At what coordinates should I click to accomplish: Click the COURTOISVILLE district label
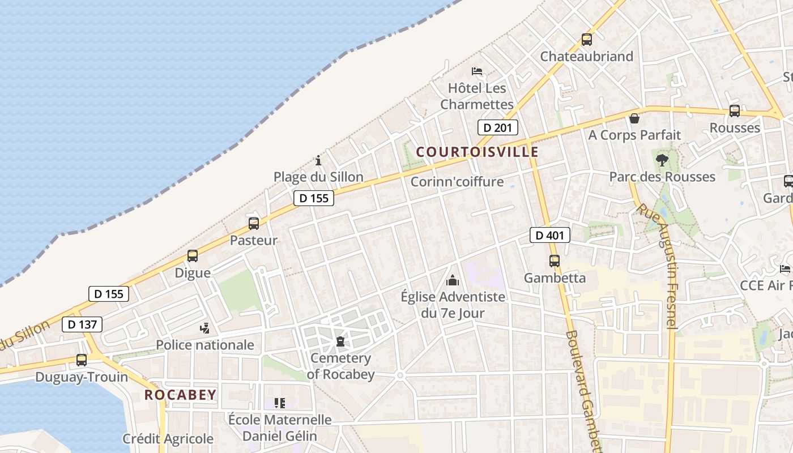pyautogui.click(x=477, y=152)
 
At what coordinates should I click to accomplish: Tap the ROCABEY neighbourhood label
pyautogui.click(x=180, y=395)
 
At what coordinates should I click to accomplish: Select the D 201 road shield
pyautogui.click(x=497, y=127)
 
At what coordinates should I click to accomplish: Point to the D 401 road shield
pyautogui.click(x=549, y=234)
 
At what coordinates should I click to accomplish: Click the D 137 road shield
pyautogui.click(x=82, y=324)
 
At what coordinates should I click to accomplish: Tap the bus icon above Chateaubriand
pyautogui.click(x=586, y=40)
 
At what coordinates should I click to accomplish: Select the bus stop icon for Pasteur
pyautogui.click(x=253, y=224)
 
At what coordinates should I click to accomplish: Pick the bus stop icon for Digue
pyautogui.click(x=193, y=256)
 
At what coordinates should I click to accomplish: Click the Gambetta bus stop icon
pyautogui.click(x=554, y=261)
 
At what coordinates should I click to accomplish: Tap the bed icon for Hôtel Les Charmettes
pyautogui.click(x=477, y=71)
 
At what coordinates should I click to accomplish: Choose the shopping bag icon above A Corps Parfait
pyautogui.click(x=634, y=118)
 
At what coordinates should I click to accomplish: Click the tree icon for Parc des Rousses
pyautogui.click(x=662, y=160)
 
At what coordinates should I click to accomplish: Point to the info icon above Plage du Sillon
pyautogui.click(x=318, y=160)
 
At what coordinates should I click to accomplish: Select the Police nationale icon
pyautogui.click(x=205, y=328)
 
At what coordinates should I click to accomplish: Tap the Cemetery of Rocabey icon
pyautogui.click(x=340, y=341)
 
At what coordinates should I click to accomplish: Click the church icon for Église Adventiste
pyautogui.click(x=452, y=280)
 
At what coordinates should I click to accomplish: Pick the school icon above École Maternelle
pyautogui.click(x=279, y=403)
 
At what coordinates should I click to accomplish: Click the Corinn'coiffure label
pyautogui.click(x=457, y=182)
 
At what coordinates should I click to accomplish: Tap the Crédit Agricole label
pyautogui.click(x=168, y=438)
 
